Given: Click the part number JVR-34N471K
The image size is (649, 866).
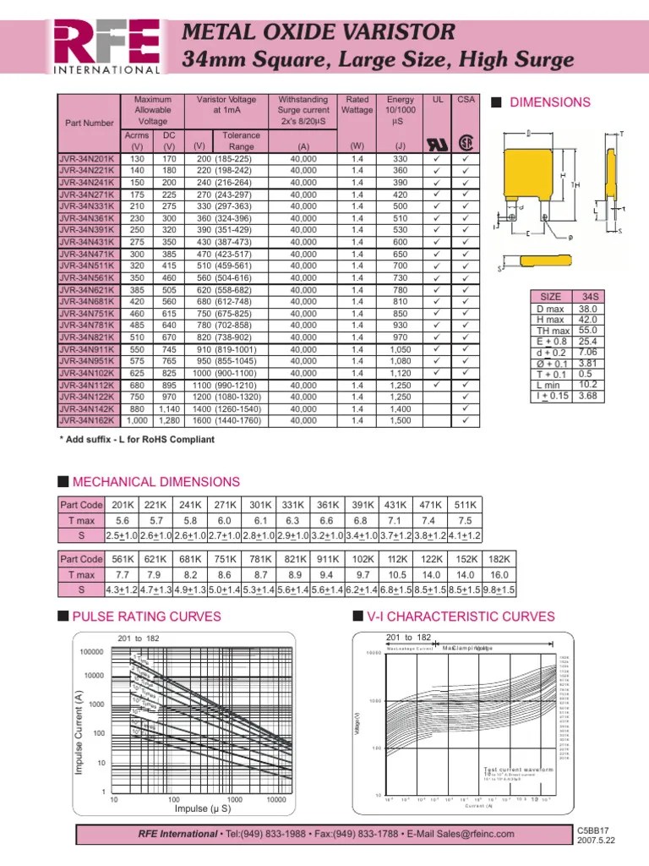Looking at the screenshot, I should [x=88, y=254].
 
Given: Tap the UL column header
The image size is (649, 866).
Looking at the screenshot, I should [x=438, y=99].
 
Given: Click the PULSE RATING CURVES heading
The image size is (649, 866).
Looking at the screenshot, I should [x=148, y=616].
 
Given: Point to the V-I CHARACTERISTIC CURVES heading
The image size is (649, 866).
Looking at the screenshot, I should [x=460, y=616].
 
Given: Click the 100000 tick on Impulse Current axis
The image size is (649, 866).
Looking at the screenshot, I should [x=91, y=652].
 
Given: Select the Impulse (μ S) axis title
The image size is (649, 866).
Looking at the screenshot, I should [x=202, y=809].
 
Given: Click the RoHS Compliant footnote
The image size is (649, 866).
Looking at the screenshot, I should [x=137, y=440].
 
